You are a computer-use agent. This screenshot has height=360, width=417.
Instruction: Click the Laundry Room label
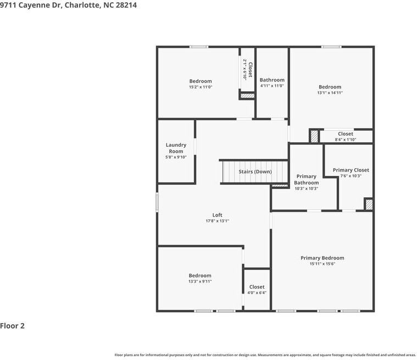coord(176,148)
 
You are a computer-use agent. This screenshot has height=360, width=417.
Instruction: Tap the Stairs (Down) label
coord(255,171)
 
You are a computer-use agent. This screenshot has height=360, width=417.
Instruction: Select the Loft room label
coord(217,215)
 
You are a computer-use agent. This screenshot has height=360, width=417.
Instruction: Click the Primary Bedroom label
coord(322,258)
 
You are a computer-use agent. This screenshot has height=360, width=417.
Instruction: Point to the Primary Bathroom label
coord(306,180)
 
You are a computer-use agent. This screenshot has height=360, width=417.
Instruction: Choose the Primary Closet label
coord(351,170)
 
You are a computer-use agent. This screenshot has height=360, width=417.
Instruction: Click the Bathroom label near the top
coord(272,80)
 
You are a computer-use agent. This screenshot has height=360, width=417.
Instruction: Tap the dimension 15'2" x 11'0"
coord(201,87)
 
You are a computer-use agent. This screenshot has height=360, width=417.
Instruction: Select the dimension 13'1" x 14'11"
coord(330,93)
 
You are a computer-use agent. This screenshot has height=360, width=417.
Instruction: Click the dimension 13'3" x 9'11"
coord(200,281)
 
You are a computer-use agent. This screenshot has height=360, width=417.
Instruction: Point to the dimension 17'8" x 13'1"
coord(217,221)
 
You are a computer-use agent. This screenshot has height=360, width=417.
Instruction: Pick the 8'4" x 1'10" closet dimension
coord(346,140)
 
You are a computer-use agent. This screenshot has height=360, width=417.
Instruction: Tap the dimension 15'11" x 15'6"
coord(322,264)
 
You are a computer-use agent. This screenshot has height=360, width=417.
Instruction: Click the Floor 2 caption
coord(13,325)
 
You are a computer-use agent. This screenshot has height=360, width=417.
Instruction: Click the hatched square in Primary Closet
coord(369,204)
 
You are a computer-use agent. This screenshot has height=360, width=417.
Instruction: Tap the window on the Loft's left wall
coord(157,202)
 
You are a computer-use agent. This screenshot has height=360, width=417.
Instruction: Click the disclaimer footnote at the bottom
coord(265,355)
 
